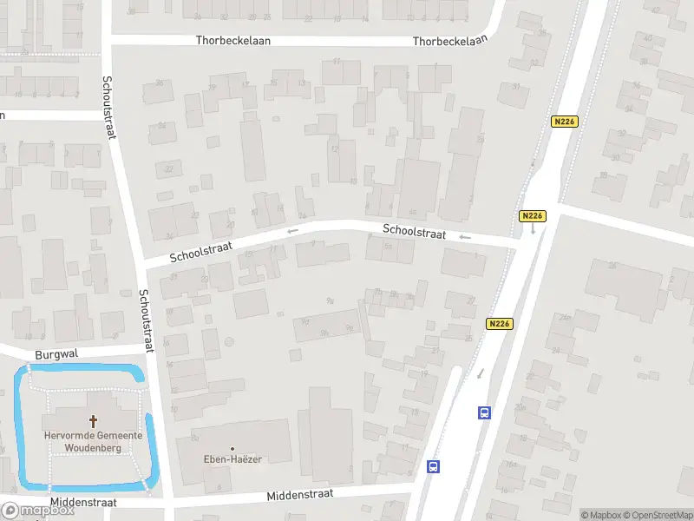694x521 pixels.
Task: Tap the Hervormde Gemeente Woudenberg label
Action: pyautogui.click(x=95, y=441)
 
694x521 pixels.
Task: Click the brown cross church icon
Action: pyautogui.click(x=94, y=421)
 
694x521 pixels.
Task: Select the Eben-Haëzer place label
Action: pyautogui.click(x=234, y=458)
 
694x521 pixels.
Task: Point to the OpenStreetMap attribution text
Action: pyautogui.click(x=655, y=515)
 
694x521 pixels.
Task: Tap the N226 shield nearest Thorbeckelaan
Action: pyautogui.click(x=564, y=122)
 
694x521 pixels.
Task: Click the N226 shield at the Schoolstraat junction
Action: pyautogui.click(x=532, y=215)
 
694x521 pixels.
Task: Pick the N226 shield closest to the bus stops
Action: pyautogui.click(x=499, y=324)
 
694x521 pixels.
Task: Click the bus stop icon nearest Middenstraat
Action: pyautogui.click(x=434, y=466)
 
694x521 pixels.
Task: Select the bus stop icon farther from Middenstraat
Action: pyautogui.click(x=484, y=412)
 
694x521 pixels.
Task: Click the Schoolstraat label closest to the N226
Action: pyautogui.click(x=415, y=233)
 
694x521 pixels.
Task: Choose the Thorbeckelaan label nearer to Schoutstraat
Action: pyautogui.click(x=233, y=41)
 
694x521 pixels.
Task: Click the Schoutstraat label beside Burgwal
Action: pyautogui.click(x=147, y=320)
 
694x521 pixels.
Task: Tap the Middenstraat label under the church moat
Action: pyautogui.click(x=83, y=502)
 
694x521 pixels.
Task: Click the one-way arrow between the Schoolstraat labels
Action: pyautogui.click(x=292, y=231)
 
